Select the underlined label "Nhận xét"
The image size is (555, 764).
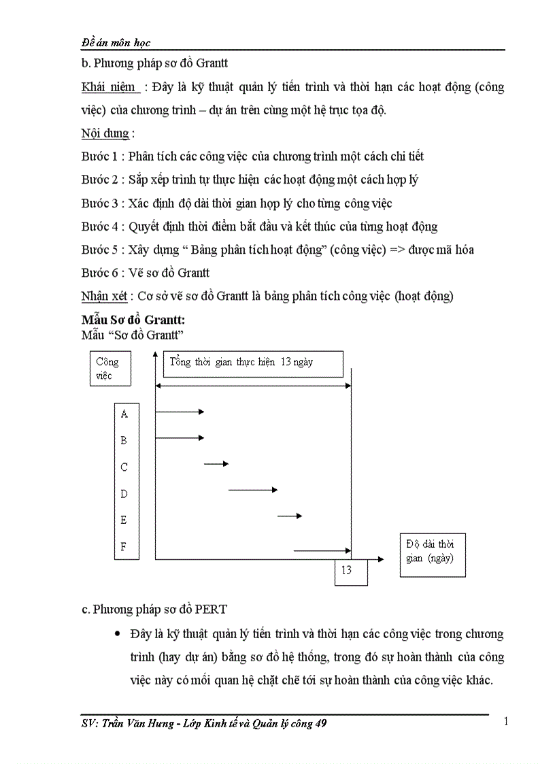click(x=105, y=295)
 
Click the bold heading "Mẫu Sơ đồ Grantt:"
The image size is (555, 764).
click(x=133, y=319)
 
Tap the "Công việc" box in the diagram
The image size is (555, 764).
click(x=110, y=368)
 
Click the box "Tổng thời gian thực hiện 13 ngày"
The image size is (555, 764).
click(x=252, y=363)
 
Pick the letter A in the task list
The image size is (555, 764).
click(x=124, y=414)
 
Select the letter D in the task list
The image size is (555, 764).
click(x=124, y=494)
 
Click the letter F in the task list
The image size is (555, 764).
click(x=124, y=546)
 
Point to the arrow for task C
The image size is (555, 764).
click(x=216, y=463)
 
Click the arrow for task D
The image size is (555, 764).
click(x=253, y=489)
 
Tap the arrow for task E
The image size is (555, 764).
click(x=290, y=516)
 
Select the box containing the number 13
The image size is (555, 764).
click(x=351, y=571)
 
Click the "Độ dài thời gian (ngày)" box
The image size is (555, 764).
click(x=432, y=555)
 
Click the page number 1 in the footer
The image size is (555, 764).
click(x=505, y=722)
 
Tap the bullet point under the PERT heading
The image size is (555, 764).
click(x=118, y=634)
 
